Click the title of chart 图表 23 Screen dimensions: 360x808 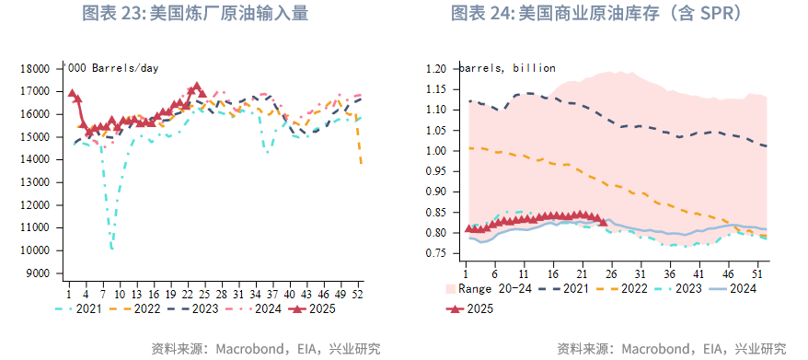pos(195,14)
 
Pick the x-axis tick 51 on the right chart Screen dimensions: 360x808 pos(757,273)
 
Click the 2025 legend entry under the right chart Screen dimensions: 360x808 pos(470,309)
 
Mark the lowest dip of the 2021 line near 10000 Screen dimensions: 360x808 pos(111,249)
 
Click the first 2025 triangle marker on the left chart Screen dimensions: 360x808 pos(72,93)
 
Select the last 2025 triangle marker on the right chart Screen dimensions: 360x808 pos(603,221)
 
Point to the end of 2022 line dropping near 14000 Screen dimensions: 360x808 pos(361,163)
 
